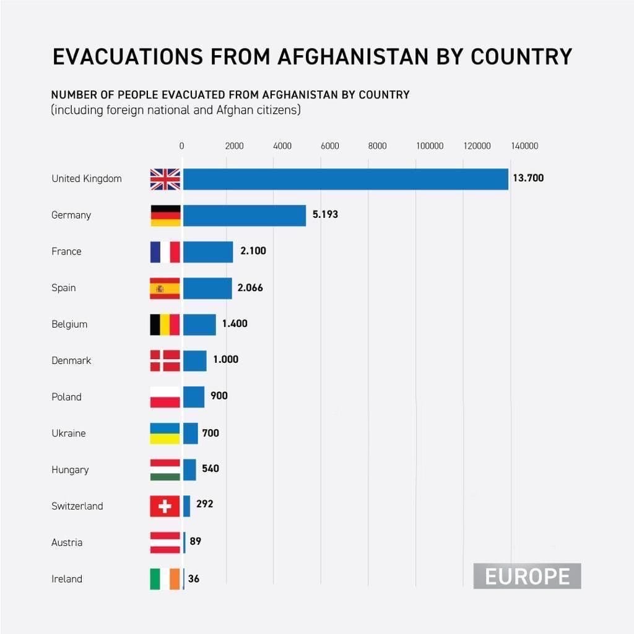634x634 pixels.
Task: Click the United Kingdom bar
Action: click(x=345, y=179)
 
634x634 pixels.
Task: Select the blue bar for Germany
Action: click(x=245, y=215)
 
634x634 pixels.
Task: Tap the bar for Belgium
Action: click(x=199, y=324)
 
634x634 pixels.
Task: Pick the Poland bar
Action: click(x=194, y=397)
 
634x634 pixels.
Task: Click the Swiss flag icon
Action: click(x=165, y=506)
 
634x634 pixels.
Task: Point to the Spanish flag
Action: click(x=165, y=288)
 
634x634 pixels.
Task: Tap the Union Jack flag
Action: click(x=165, y=179)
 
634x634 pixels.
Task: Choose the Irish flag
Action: click(x=165, y=579)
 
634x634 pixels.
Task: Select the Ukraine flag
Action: click(x=165, y=433)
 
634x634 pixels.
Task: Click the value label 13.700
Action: click(x=528, y=178)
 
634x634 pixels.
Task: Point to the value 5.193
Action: click(x=326, y=215)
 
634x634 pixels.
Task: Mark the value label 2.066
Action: click(x=251, y=288)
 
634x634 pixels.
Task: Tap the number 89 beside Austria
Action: click(x=196, y=542)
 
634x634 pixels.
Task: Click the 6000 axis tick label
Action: click(x=330, y=146)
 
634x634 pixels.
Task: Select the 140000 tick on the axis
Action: click(x=524, y=146)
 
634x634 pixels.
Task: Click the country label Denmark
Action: click(x=71, y=360)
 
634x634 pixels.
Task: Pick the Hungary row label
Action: click(x=70, y=470)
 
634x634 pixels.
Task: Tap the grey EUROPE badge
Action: click(x=527, y=576)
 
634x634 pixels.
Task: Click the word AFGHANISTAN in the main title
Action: click(x=352, y=56)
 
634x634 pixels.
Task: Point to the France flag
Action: click(x=165, y=252)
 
